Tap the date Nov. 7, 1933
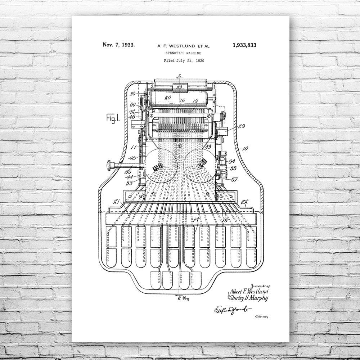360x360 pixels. pos(119,45)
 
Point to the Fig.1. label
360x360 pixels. pos(113,118)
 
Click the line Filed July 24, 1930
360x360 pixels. pos(184,60)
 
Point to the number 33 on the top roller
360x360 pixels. pos(179,87)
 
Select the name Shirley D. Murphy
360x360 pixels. pos(248,298)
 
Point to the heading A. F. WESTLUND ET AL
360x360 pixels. pos(184,46)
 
